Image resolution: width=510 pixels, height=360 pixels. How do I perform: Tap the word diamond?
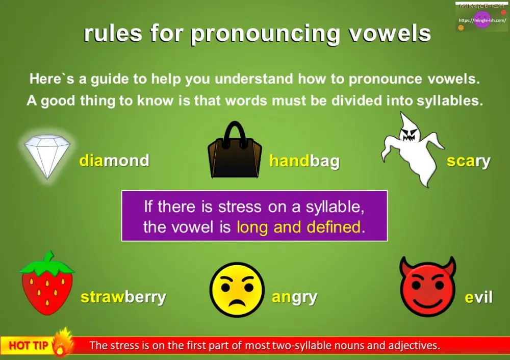114,161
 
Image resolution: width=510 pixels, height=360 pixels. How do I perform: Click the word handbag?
304,162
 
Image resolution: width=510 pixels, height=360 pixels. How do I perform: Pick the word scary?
468,161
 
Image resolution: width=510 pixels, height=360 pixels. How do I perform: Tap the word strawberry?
123,297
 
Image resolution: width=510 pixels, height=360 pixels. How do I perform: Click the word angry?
294,297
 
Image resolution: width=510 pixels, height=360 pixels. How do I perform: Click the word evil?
478,298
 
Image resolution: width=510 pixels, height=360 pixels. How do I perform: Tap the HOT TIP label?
28,346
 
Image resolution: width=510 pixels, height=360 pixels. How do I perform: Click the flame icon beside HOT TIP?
62,342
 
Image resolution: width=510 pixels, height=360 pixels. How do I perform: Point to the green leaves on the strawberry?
47,263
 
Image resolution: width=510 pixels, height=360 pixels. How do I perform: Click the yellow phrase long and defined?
298,227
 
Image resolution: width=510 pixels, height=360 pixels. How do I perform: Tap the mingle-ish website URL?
481,20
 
